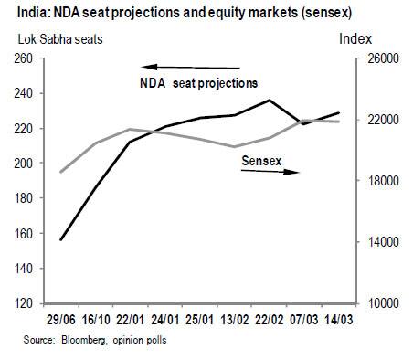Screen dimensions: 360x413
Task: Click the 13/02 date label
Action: (235, 320)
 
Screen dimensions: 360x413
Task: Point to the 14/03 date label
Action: (339, 320)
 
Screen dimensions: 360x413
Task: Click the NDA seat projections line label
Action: (198, 83)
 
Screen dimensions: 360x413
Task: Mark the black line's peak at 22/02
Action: (269, 100)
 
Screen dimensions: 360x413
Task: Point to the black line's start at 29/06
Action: (60, 239)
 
